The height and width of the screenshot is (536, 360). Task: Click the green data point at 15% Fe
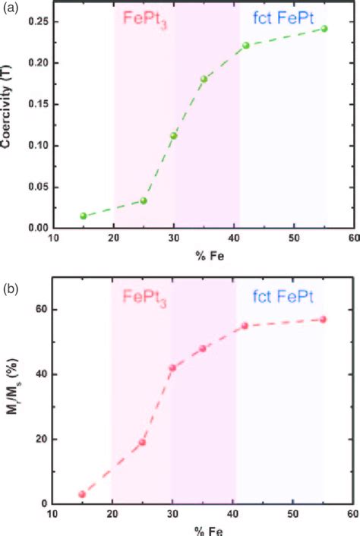84,216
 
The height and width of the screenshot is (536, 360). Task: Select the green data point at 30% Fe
173,136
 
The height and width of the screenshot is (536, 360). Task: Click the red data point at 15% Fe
82,494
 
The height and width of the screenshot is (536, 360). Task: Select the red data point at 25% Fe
142,442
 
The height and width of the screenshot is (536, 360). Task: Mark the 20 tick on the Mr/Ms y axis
42,439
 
